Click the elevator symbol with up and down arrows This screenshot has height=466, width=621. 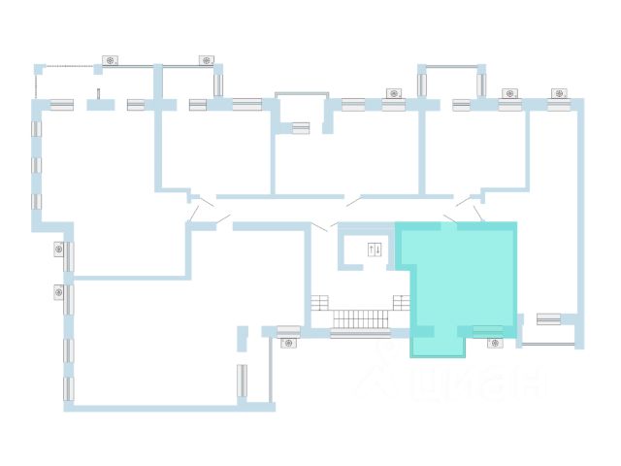tap(375, 250)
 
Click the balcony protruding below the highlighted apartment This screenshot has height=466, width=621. tap(438, 347)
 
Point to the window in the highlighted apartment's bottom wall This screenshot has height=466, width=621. tap(488, 331)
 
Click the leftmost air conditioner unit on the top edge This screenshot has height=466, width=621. tap(111, 60)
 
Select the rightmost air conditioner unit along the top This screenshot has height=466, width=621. tap(558, 93)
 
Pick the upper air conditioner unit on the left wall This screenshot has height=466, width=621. tap(59, 250)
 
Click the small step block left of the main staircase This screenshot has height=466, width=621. tap(320, 303)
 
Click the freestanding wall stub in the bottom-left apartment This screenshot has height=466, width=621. tap(242, 338)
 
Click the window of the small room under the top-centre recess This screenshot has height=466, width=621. tap(301, 127)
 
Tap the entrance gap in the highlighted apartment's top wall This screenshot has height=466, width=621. tap(449, 225)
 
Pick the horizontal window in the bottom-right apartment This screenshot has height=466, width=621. tap(549, 317)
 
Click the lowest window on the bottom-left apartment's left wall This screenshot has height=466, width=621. tap(68, 389)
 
